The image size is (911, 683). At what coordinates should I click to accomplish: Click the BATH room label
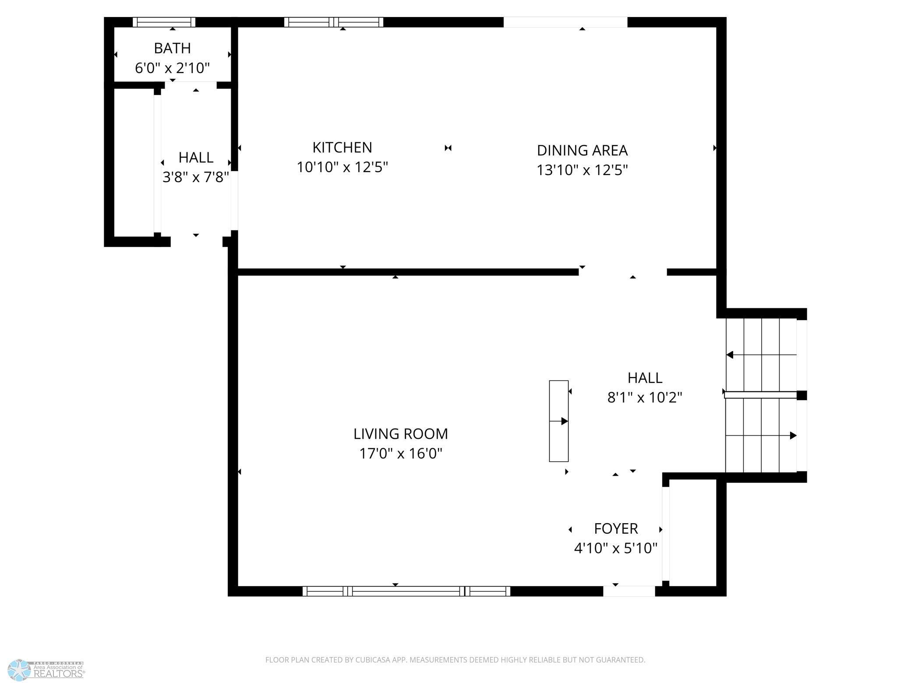pyautogui.click(x=172, y=48)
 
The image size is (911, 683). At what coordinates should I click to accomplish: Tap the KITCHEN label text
pyautogui.click(x=342, y=148)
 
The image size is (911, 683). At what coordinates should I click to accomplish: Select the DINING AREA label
pyautogui.click(x=582, y=150)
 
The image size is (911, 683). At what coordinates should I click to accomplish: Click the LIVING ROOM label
pyautogui.click(x=401, y=433)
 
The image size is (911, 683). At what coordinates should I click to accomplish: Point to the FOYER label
pyautogui.click(x=616, y=528)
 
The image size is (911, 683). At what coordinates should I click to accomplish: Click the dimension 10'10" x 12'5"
pyautogui.click(x=342, y=167)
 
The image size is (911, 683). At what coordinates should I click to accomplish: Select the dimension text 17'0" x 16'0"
pyautogui.click(x=401, y=453)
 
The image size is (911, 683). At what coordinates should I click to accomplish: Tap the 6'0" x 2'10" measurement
pyautogui.click(x=172, y=68)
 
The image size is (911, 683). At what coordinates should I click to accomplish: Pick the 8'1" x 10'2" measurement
pyautogui.click(x=645, y=398)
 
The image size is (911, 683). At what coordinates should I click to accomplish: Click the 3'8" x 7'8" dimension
pyautogui.click(x=196, y=177)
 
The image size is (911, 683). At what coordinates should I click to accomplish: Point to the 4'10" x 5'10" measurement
pyautogui.click(x=616, y=548)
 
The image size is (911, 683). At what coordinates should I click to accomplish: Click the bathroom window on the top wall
pyautogui.click(x=164, y=22)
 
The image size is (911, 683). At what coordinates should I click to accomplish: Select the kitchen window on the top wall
pyautogui.click(x=334, y=22)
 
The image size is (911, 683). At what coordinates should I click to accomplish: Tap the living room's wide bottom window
pyautogui.click(x=406, y=591)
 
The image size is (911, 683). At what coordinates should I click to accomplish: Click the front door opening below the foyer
pyautogui.click(x=629, y=591)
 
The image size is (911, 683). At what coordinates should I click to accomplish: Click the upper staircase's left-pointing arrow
pyautogui.click(x=761, y=355)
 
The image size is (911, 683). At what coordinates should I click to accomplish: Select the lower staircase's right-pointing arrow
pyautogui.click(x=761, y=436)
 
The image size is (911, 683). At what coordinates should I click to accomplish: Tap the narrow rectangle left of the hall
pyautogui.click(x=559, y=421)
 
